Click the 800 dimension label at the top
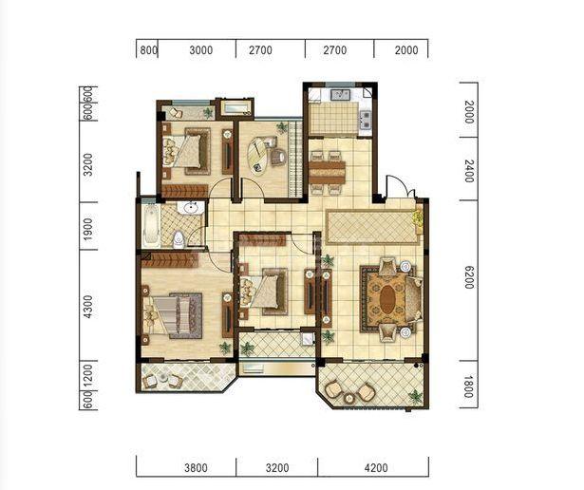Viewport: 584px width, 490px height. coord(148,50)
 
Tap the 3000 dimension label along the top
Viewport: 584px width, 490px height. coord(200,50)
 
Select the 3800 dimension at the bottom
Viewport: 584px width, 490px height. coord(196,467)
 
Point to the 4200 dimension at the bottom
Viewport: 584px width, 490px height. coord(376,467)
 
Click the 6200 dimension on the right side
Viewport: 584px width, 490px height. coord(469,277)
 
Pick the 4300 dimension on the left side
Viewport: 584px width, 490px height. coord(87,307)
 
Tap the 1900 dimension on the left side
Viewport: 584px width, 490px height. coord(87,229)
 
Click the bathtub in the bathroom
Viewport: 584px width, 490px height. coord(151,226)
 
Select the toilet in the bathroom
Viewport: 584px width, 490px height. coord(179,239)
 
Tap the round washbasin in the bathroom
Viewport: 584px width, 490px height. coord(192,208)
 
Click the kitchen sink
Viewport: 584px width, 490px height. coord(340,95)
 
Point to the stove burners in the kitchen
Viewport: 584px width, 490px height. coord(365,119)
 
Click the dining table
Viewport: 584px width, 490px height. coord(327,173)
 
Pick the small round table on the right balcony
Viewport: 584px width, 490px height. coord(349,399)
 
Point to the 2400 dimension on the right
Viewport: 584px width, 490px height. coord(469,171)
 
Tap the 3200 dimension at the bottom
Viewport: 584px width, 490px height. coord(277,467)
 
